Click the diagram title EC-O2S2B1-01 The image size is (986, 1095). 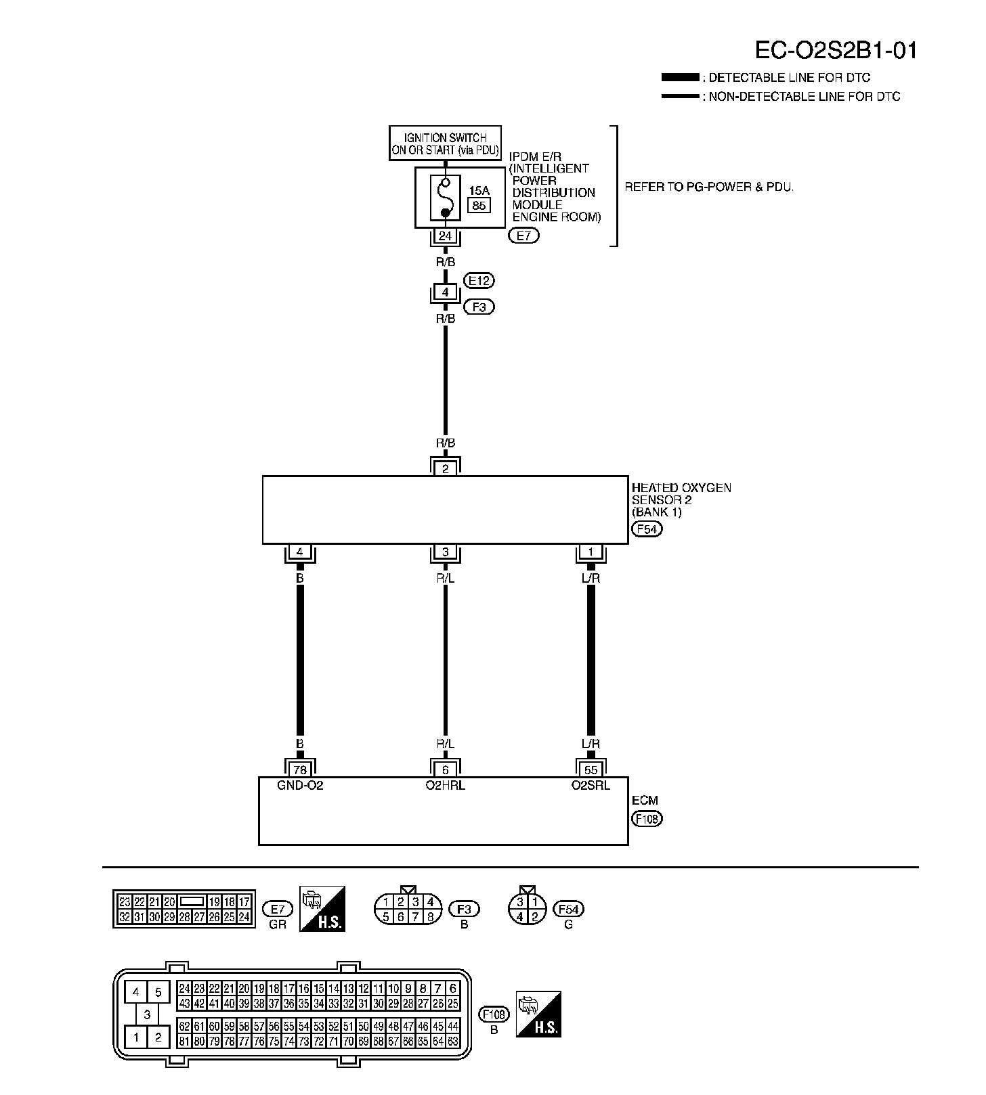click(x=836, y=50)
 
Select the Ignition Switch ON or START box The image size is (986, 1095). click(x=446, y=143)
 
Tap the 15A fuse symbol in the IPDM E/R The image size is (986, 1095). click(x=445, y=197)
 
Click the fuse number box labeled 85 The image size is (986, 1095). click(x=479, y=205)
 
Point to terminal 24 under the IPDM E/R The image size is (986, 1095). click(x=445, y=236)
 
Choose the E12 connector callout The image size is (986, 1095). click(x=479, y=280)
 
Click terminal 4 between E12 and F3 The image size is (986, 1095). click(x=445, y=292)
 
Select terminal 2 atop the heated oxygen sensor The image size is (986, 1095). click(x=445, y=468)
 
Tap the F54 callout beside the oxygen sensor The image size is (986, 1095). click(x=647, y=529)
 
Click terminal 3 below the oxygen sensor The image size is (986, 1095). click(x=445, y=552)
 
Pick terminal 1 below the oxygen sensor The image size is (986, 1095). click(x=591, y=552)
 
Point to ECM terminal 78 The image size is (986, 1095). click(x=299, y=769)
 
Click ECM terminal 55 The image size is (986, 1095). click(x=591, y=769)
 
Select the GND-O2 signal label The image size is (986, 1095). click(x=300, y=786)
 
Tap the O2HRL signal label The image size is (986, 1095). click(x=445, y=786)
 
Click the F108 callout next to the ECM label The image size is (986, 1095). click(x=647, y=819)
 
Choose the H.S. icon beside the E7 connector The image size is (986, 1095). click(x=322, y=909)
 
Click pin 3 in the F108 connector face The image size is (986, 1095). click(x=147, y=1014)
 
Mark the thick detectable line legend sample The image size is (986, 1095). click(x=680, y=78)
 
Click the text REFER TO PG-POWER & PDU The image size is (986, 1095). click(x=708, y=187)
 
